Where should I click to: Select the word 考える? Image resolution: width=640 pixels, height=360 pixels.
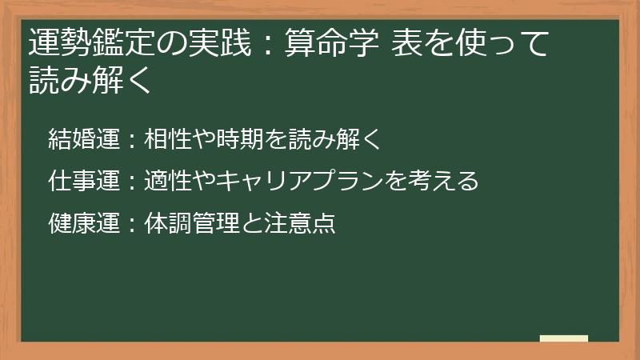coord(444,182)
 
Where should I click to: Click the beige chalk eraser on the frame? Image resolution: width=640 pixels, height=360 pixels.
coord(564,339)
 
